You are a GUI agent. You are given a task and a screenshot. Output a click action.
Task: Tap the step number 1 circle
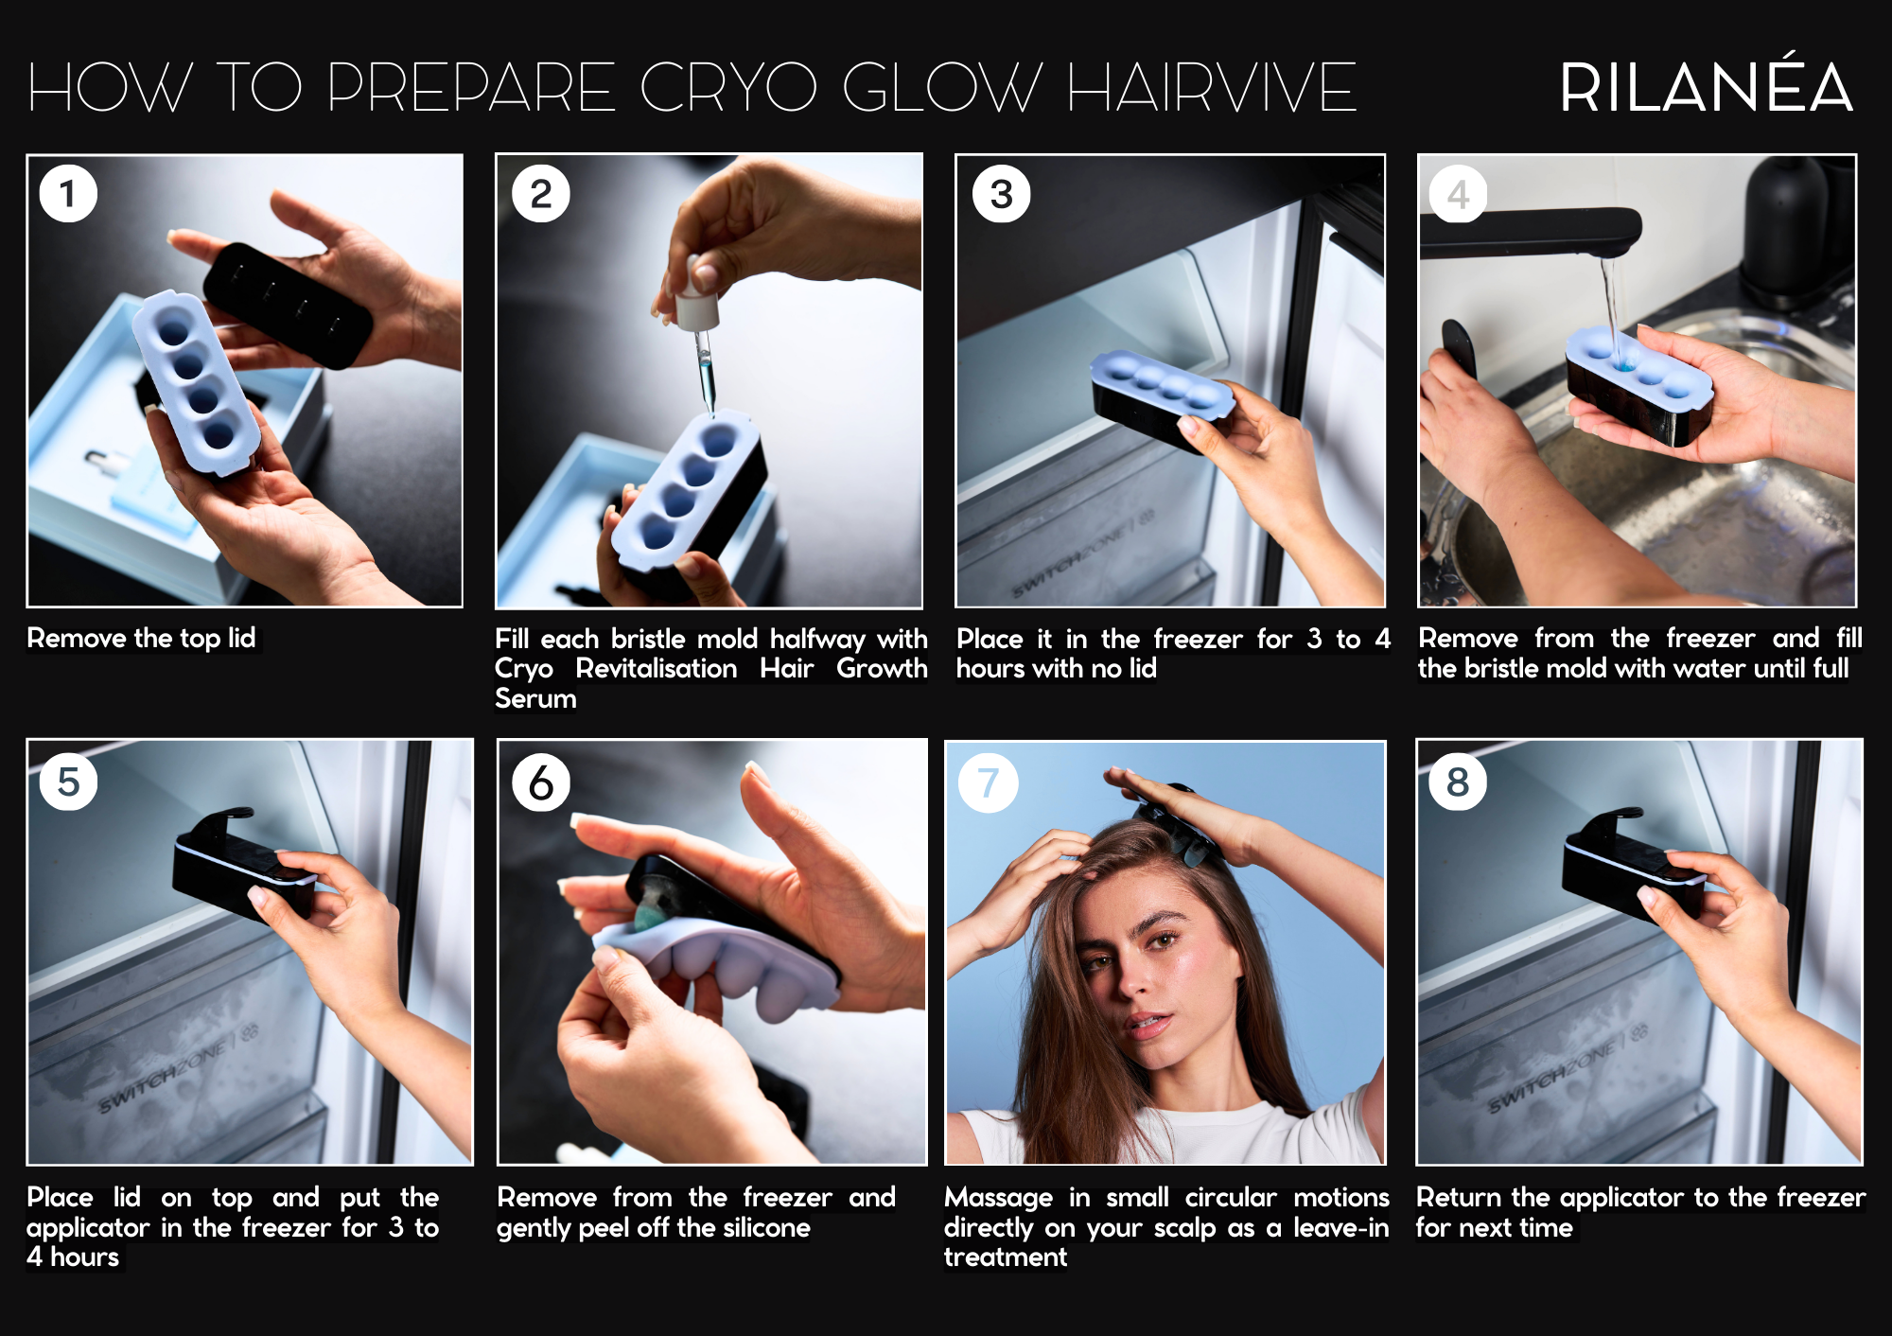(68, 193)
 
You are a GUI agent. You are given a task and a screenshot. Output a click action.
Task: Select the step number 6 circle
(540, 782)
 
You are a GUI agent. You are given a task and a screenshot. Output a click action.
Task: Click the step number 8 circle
(1458, 782)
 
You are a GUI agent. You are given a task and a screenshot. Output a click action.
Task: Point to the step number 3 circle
(1002, 194)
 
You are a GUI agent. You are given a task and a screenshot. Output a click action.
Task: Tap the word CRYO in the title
(727, 87)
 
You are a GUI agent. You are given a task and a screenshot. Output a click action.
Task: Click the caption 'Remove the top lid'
(141, 638)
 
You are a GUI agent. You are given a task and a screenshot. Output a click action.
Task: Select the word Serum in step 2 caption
(535, 698)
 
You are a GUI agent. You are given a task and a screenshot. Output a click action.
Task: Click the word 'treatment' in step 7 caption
(1005, 1257)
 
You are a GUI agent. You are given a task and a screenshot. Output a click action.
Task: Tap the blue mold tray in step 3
(1163, 386)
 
